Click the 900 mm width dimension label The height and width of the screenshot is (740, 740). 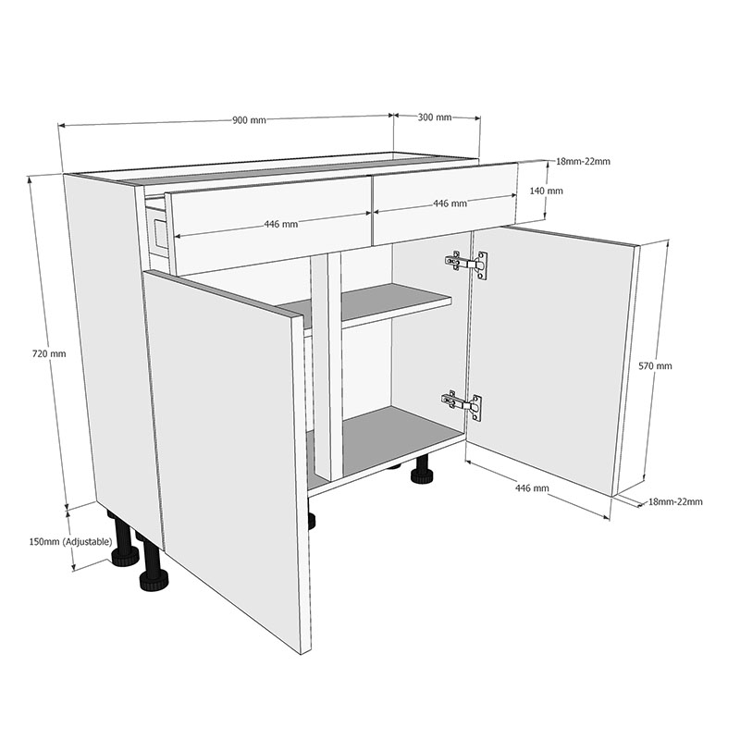point(249,120)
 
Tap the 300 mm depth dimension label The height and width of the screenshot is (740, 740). point(435,117)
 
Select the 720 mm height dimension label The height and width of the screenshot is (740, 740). point(49,353)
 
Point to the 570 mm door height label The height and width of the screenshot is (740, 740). point(656,365)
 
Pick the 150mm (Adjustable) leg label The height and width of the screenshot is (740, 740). point(70,541)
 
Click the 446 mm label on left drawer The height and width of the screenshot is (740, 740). point(280,224)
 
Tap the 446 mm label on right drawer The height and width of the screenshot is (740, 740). point(450,203)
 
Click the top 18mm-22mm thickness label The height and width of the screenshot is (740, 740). point(583,162)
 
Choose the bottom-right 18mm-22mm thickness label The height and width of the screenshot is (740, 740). point(675,501)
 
